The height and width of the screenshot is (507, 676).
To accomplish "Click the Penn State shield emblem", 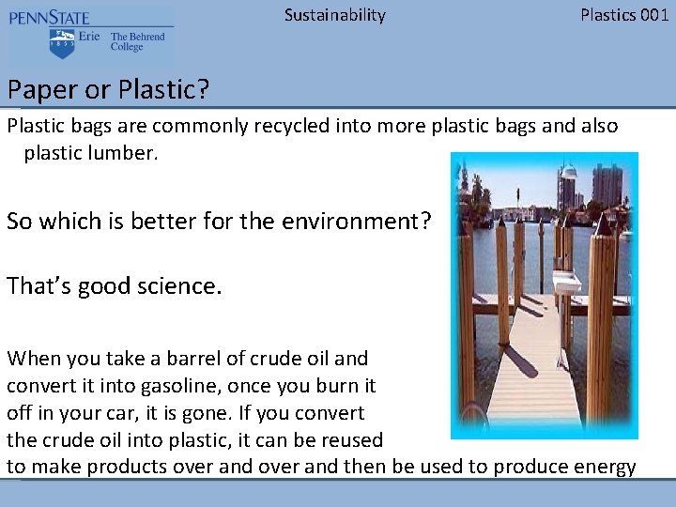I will (63, 42).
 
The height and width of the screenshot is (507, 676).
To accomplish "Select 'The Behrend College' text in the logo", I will (137, 42).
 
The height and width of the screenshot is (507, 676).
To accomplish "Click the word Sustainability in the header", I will (334, 15).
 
